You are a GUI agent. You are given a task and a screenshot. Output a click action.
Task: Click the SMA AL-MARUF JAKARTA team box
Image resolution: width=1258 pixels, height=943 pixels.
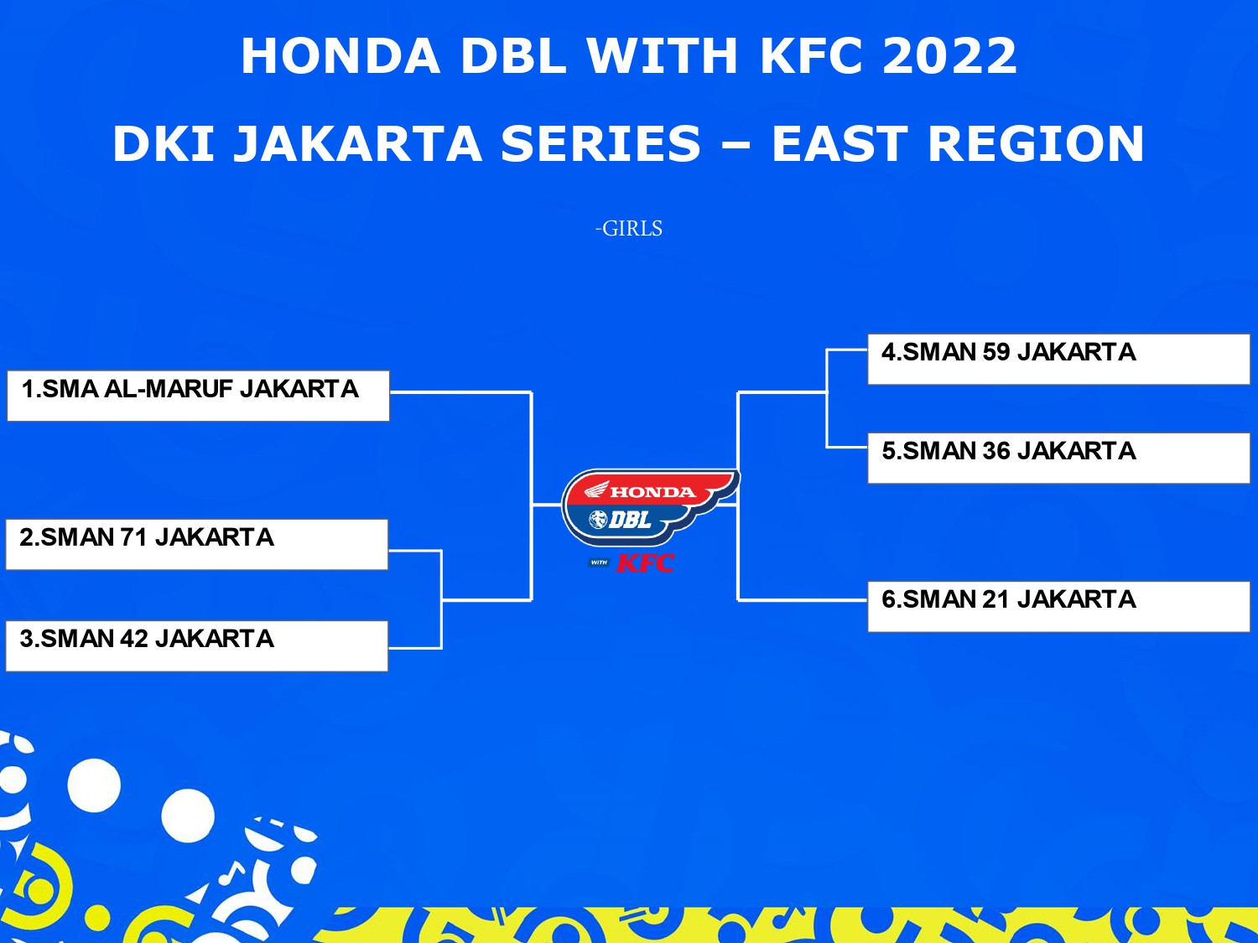tap(198, 396)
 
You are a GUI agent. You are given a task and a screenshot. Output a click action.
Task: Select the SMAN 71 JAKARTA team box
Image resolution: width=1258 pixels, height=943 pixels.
tap(196, 544)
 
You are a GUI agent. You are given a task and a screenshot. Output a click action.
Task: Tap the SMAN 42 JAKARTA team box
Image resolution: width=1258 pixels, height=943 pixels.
tap(196, 645)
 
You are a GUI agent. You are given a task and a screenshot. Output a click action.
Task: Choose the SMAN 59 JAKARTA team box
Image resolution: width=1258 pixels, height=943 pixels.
tap(1058, 359)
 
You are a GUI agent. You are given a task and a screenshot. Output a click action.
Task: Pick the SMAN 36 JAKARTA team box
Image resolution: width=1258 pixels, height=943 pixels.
tap(1058, 458)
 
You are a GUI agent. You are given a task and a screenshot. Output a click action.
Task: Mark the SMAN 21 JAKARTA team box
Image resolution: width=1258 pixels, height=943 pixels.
tap(1058, 606)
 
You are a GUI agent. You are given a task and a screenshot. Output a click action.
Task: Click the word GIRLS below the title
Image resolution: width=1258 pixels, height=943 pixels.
tap(632, 229)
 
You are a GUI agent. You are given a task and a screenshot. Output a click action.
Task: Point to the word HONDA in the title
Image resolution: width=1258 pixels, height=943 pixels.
tap(340, 55)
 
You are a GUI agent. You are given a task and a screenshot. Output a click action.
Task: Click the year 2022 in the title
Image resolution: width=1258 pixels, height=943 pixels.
tap(949, 55)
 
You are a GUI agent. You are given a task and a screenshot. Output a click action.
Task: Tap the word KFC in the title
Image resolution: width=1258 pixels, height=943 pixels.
tap(811, 55)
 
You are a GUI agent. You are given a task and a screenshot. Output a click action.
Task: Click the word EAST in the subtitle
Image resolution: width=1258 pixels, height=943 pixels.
tap(840, 143)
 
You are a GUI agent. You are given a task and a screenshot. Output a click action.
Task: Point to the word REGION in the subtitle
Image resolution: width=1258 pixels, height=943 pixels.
tap(1036, 143)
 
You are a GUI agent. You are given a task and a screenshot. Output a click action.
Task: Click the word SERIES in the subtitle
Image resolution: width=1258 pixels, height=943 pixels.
tap(600, 143)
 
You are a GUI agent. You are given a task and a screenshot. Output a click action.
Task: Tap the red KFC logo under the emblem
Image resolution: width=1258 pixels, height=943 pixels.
tap(645, 563)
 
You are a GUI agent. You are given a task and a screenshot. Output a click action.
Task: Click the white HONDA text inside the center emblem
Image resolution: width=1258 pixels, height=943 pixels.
tap(652, 492)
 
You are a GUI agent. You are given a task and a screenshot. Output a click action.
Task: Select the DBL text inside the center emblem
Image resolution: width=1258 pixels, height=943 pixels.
tap(629, 520)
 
